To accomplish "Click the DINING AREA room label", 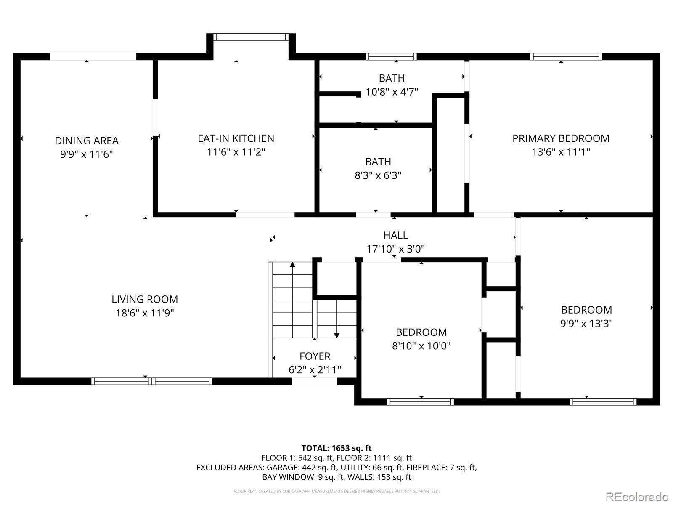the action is pyautogui.click(x=87, y=141).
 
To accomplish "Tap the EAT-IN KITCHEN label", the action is pyautogui.click(x=236, y=138).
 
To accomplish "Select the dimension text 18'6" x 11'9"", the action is pyautogui.click(x=145, y=313).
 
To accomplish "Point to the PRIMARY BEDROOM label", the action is pyautogui.click(x=561, y=138).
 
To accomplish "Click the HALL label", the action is pyautogui.click(x=395, y=236).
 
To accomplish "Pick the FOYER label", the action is pyautogui.click(x=315, y=356).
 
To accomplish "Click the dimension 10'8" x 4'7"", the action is pyautogui.click(x=392, y=92).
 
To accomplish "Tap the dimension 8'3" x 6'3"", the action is pyautogui.click(x=378, y=175).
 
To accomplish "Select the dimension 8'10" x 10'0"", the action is pyautogui.click(x=421, y=346).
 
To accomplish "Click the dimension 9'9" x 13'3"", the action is pyautogui.click(x=586, y=324).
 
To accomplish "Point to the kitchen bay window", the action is pyautogui.click(x=251, y=37).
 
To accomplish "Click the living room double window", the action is pyautogui.click(x=152, y=381).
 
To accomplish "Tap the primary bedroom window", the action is pyautogui.click(x=566, y=57).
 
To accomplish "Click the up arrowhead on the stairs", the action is pyautogui.click(x=292, y=265).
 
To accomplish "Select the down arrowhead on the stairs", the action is pyautogui.click(x=336, y=335).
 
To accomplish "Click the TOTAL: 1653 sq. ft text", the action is pyautogui.click(x=336, y=448).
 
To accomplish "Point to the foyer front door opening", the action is pyautogui.click(x=314, y=381).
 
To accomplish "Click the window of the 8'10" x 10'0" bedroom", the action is pyautogui.click(x=420, y=401).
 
